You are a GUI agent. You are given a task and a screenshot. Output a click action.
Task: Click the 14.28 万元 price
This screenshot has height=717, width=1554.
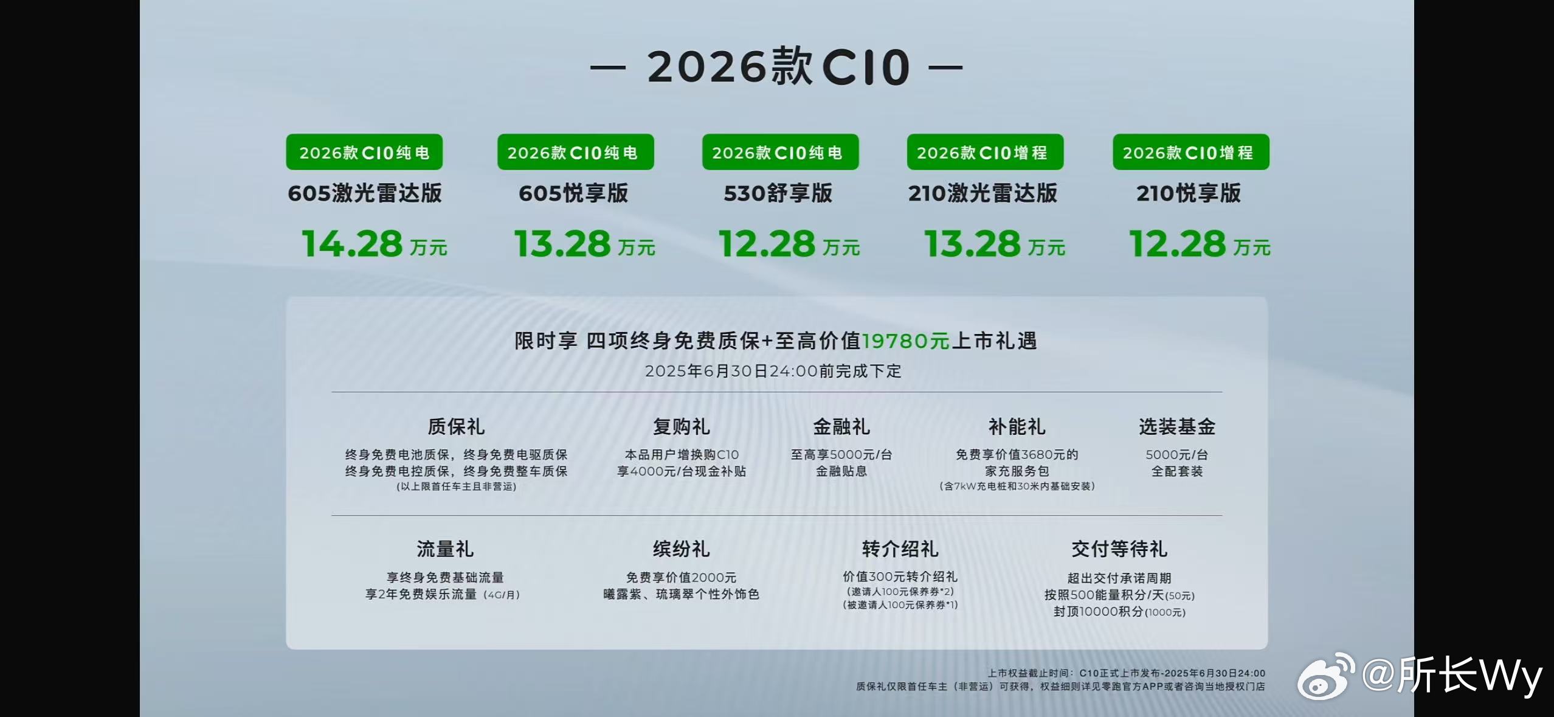pos(374,244)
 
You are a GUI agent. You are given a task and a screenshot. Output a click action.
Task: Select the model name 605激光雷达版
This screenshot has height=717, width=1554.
pos(365,193)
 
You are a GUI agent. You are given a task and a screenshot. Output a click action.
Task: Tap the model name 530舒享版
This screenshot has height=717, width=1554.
pos(778,193)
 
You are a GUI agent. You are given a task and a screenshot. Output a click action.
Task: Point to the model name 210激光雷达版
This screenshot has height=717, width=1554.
pos(982,193)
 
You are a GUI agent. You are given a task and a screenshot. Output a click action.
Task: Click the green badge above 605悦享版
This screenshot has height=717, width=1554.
pos(575,152)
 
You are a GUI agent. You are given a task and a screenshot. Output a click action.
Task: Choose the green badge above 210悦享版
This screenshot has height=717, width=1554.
pos(1190,152)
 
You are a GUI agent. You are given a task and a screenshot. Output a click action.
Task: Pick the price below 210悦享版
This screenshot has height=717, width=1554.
pos(1200,244)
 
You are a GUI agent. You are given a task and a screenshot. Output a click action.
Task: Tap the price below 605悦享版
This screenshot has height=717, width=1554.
pos(584,244)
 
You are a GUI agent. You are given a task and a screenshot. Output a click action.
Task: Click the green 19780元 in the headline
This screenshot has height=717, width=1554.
pos(905,341)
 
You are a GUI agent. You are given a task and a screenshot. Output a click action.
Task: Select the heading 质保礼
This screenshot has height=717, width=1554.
pos(456,426)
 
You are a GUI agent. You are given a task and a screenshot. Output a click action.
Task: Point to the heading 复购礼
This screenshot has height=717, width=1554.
pos(681,426)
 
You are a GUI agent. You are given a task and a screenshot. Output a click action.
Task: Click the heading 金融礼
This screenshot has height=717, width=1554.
pos(841,426)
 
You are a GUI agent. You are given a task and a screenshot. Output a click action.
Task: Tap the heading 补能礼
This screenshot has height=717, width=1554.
pos(1017,426)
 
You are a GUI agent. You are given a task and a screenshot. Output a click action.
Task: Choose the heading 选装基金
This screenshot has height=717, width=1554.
pos(1177,426)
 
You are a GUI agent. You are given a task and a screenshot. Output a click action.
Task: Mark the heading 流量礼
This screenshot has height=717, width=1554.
pos(445,549)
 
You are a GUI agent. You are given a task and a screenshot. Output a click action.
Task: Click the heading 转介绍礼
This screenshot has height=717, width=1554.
pos(900,549)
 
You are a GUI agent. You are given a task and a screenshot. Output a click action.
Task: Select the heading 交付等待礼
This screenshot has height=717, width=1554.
pos(1119,549)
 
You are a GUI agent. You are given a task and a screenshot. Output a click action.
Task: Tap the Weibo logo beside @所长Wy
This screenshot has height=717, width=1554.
pos(1326,676)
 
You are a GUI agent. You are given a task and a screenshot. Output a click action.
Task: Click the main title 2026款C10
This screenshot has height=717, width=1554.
pos(778,67)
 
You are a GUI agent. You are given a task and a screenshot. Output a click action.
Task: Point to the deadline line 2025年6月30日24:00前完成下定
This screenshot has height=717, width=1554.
pos(773,371)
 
